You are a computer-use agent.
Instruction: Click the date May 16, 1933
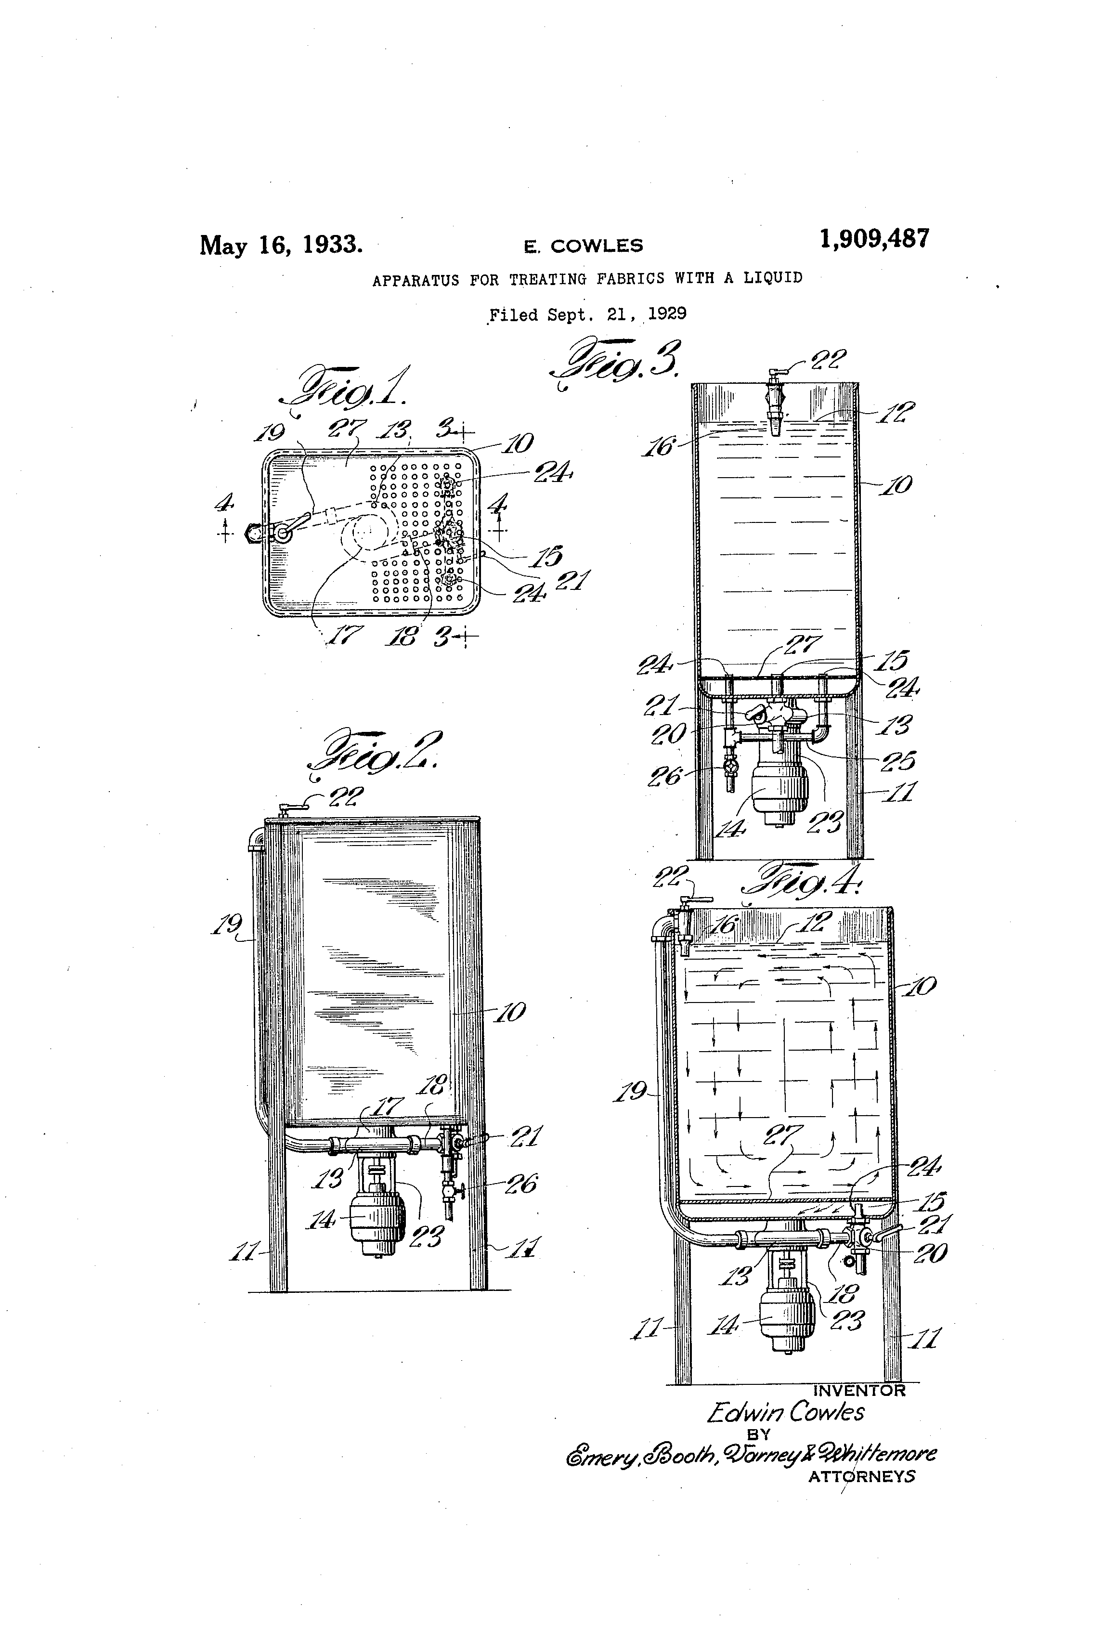click(281, 245)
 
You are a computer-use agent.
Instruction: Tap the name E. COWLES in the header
click(583, 246)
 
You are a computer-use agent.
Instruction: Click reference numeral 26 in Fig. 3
click(664, 777)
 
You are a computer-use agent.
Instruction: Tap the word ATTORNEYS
click(861, 1476)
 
